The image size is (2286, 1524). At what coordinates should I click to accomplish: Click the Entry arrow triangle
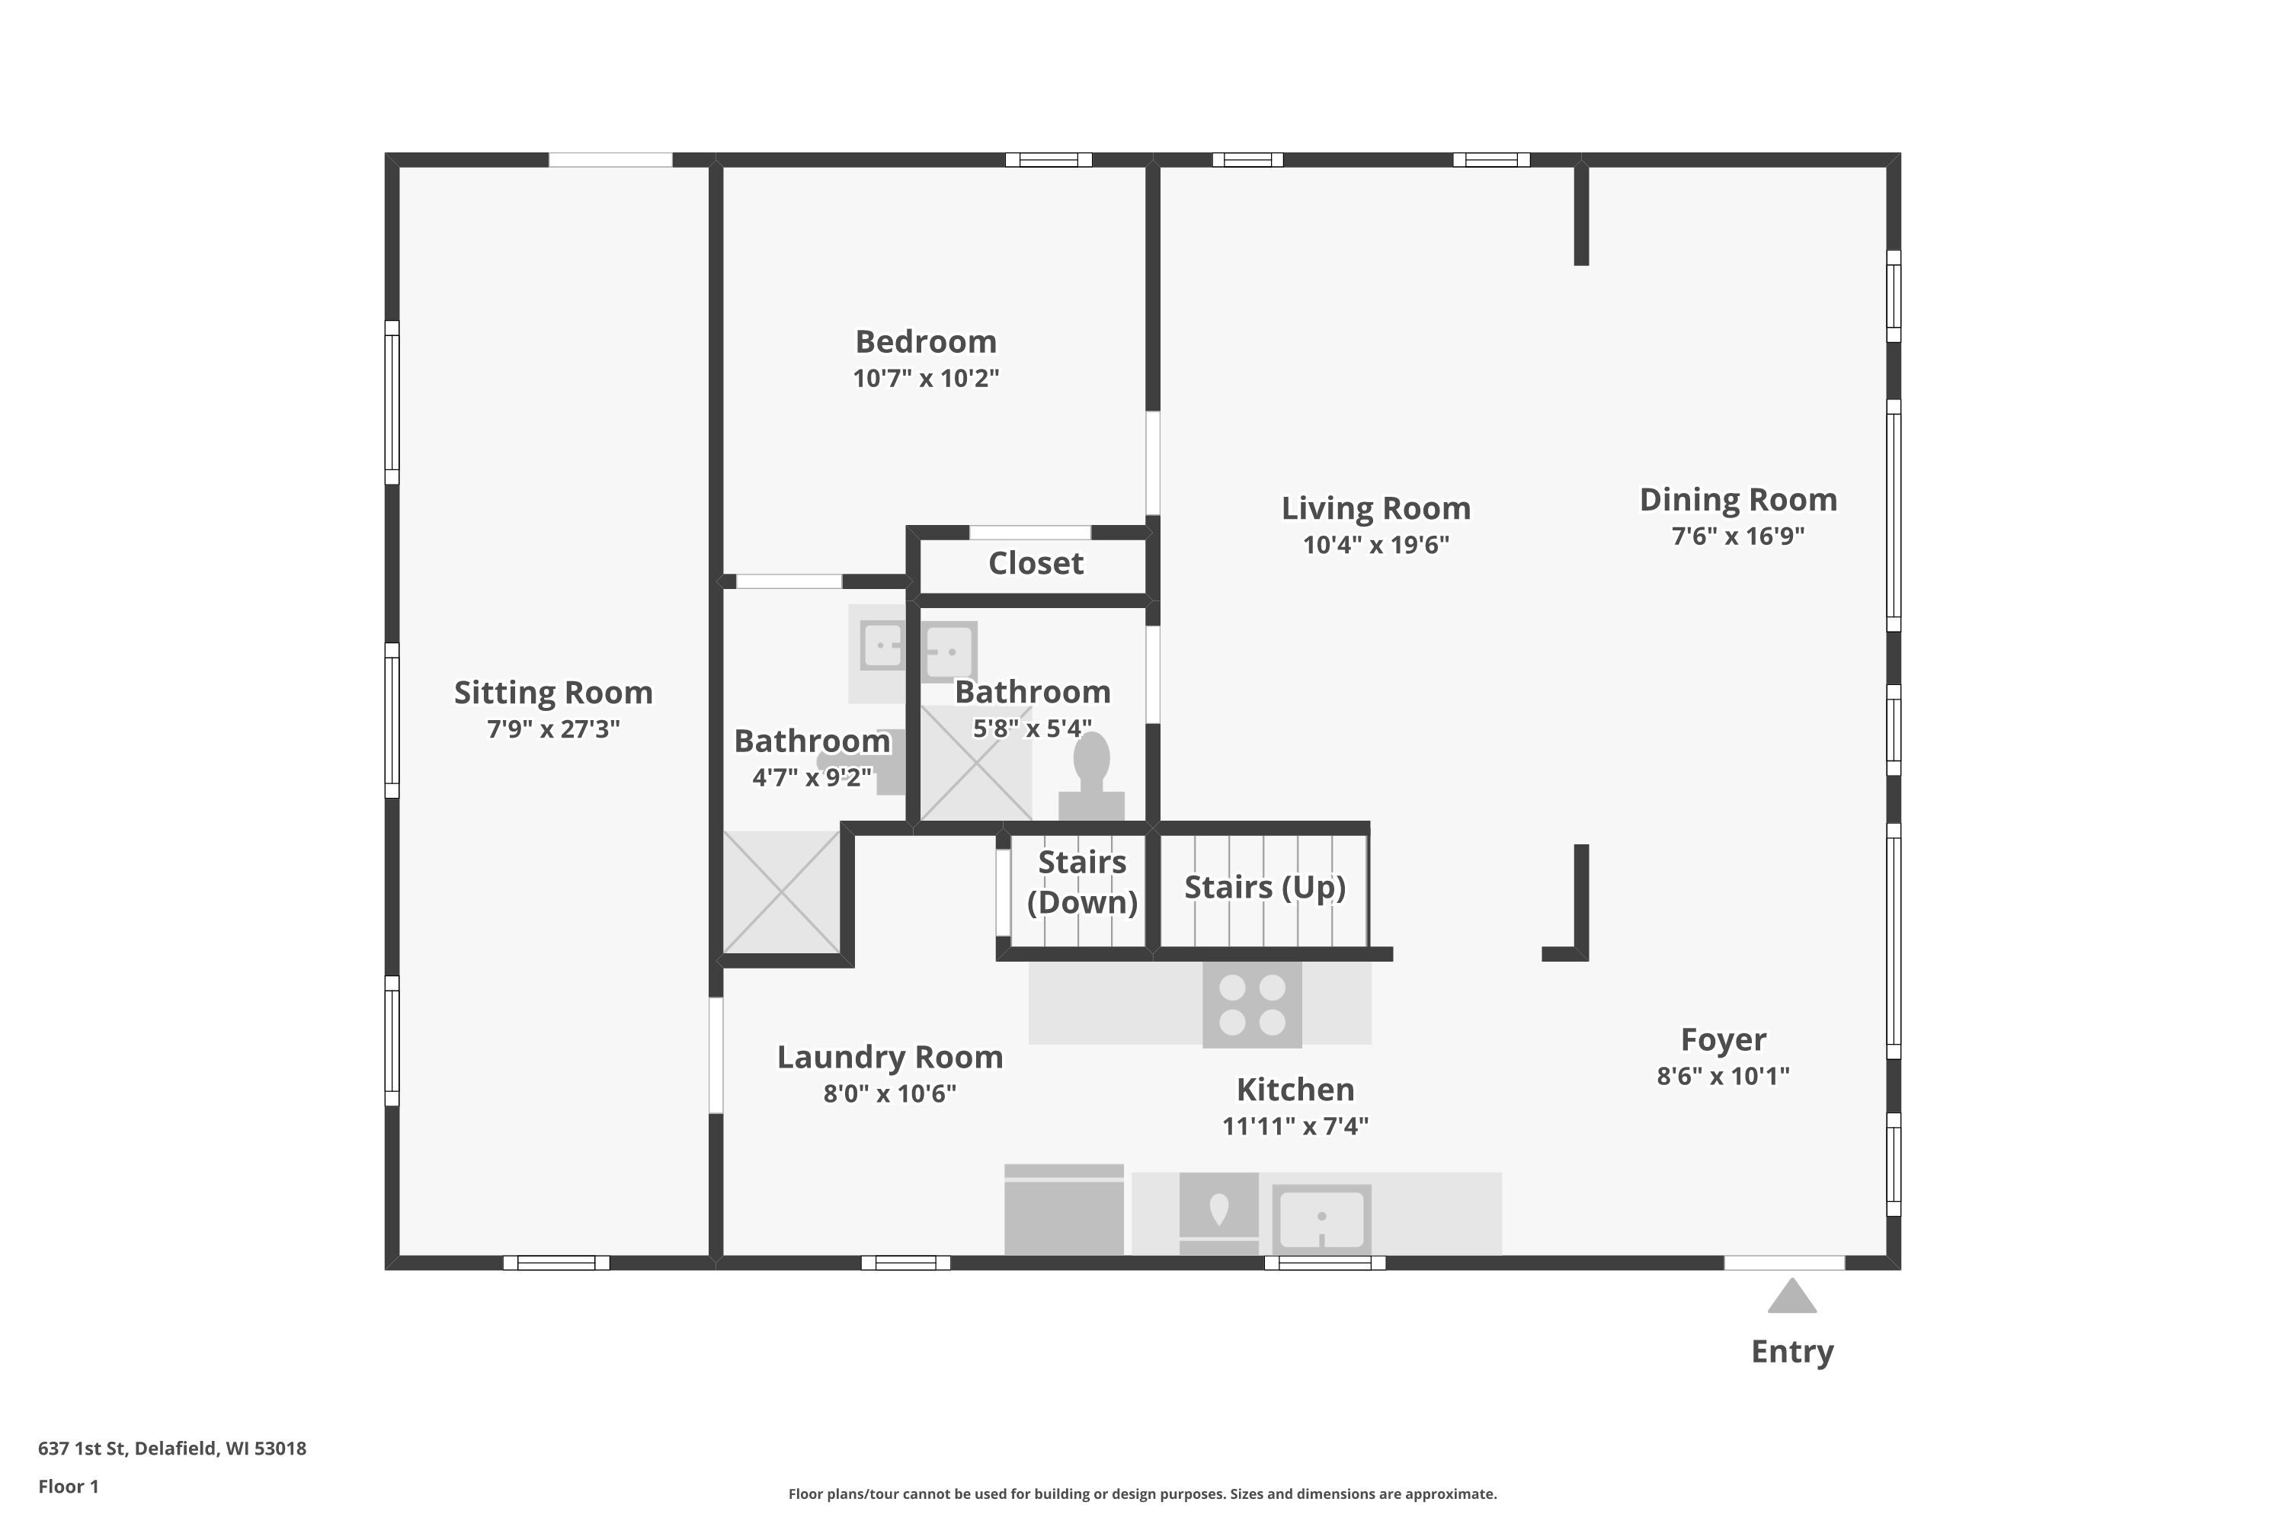[1791, 1297]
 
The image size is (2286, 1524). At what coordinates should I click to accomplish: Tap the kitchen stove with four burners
[1252, 1005]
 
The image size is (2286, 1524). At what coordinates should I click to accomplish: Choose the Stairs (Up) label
[1264, 888]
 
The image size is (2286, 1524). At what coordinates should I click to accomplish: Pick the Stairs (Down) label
[1082, 882]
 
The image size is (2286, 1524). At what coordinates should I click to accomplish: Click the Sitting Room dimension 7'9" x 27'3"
[553, 729]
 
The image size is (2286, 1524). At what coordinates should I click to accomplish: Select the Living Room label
[1375, 508]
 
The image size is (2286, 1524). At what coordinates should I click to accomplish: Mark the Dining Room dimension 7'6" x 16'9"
[1738, 536]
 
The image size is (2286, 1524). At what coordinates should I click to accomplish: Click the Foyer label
[1723, 1040]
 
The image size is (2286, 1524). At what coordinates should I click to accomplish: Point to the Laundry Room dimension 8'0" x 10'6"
[889, 1093]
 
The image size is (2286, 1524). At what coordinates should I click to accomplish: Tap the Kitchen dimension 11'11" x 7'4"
[1295, 1125]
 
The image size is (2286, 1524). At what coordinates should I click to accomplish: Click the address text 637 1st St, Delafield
[128, 1449]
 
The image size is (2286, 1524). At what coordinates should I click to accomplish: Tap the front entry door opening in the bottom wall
[1785, 1263]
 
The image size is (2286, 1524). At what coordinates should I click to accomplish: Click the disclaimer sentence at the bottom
[1142, 1494]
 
